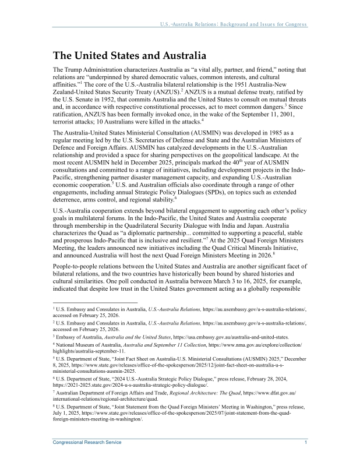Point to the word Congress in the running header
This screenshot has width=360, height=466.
coord(295,24)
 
